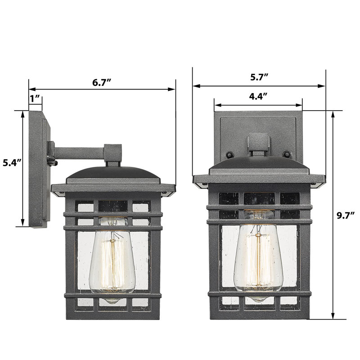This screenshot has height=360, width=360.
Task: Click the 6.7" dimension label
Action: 102,82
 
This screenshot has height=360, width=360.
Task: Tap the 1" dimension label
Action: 35,99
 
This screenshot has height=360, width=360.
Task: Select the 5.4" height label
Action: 12,163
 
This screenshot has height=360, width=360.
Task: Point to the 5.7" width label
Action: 259,77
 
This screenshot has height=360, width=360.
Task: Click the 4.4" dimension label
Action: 258,96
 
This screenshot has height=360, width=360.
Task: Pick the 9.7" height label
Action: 346,216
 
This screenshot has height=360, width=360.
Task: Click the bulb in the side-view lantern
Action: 112,260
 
